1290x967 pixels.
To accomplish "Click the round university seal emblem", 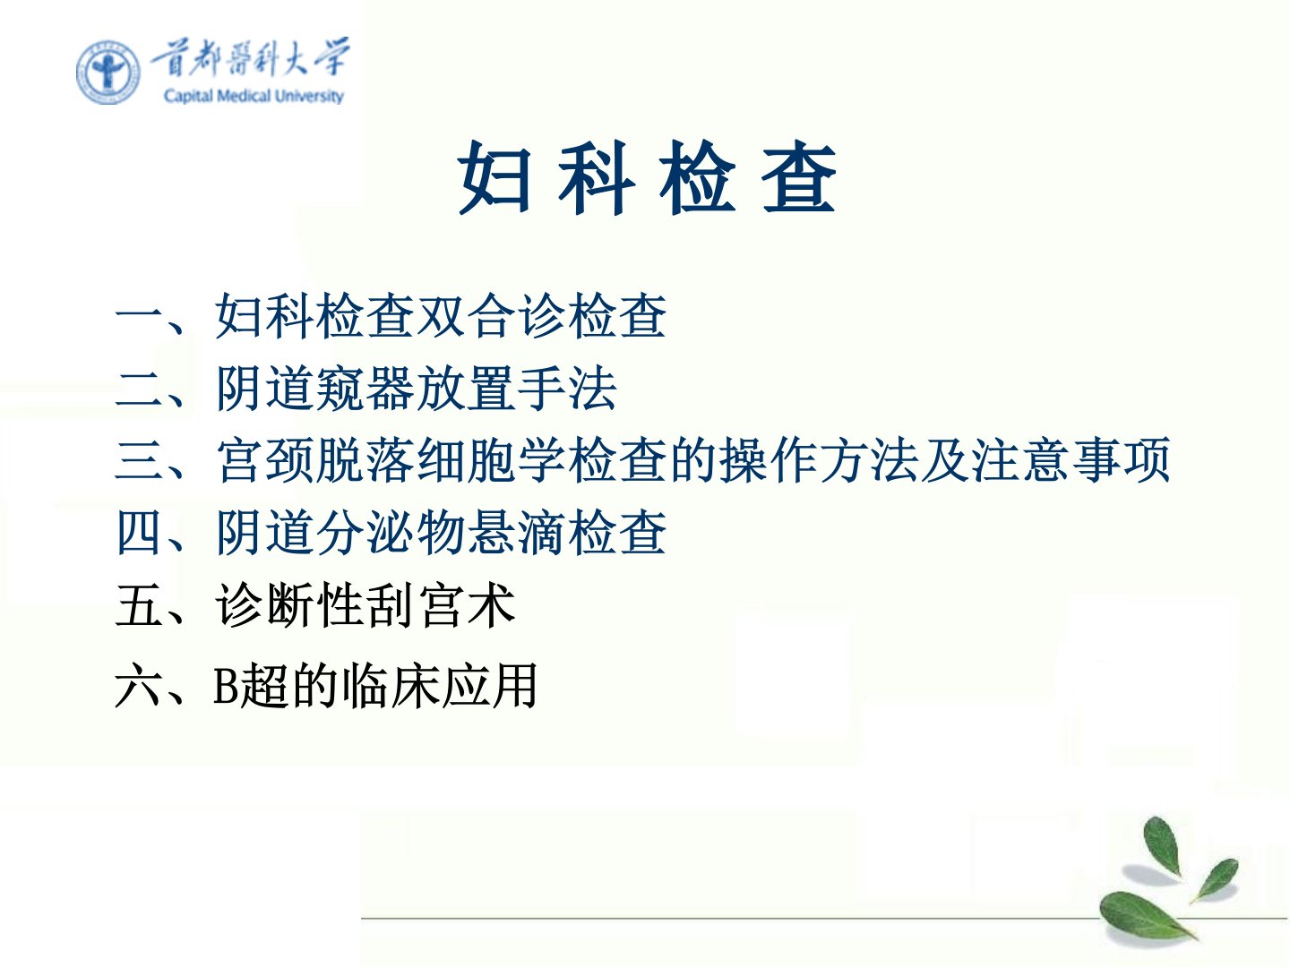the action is click(x=108, y=73).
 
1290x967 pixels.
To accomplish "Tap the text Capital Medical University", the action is click(x=254, y=96).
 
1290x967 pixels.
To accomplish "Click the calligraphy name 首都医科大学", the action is click(x=250, y=57).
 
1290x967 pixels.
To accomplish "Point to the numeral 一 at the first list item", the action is click(x=138, y=318).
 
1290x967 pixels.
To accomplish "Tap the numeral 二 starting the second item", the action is click(x=139, y=389).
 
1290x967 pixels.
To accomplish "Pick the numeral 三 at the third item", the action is click(x=139, y=460).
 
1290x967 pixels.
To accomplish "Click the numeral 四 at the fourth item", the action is click(x=139, y=532).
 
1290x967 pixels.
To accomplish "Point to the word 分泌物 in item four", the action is click(x=391, y=532).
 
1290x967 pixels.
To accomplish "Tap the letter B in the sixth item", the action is click(x=225, y=686).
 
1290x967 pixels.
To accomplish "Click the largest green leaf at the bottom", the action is click(x=1147, y=917).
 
